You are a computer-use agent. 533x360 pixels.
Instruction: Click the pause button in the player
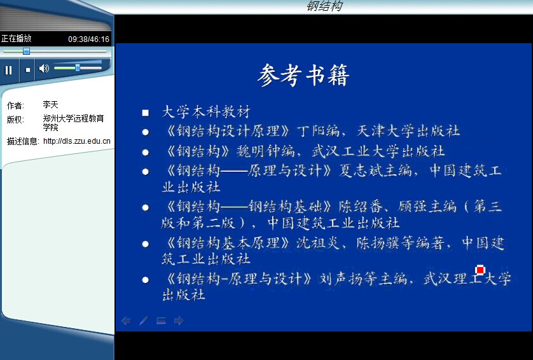coord(8,70)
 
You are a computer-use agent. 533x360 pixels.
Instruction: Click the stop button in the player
coord(28,70)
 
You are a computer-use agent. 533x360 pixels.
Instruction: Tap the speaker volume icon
coord(44,68)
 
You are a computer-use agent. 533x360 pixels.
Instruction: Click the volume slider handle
coord(78,68)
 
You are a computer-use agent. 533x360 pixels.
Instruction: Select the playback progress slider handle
coord(26,52)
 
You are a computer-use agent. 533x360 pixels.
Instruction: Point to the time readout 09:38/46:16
coord(88,39)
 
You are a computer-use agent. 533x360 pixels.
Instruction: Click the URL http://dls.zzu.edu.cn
coord(77,141)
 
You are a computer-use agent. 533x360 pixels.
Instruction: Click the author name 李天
coord(51,104)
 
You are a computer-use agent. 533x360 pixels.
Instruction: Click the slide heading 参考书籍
coord(303,75)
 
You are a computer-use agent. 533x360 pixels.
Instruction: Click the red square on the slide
coord(480,270)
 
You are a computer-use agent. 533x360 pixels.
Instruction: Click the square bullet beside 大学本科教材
coord(146,113)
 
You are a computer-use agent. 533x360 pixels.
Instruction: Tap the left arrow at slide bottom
coord(126,321)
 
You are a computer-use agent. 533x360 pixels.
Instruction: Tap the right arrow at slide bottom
coord(179,321)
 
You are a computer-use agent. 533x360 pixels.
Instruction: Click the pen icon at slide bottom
coord(144,321)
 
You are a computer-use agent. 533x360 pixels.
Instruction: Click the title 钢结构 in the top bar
coord(324,6)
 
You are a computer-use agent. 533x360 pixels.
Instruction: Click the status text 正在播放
coord(17,38)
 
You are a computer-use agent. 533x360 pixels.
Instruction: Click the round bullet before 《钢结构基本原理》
coord(146,244)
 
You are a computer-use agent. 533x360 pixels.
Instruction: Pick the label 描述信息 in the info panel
coord(22,141)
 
